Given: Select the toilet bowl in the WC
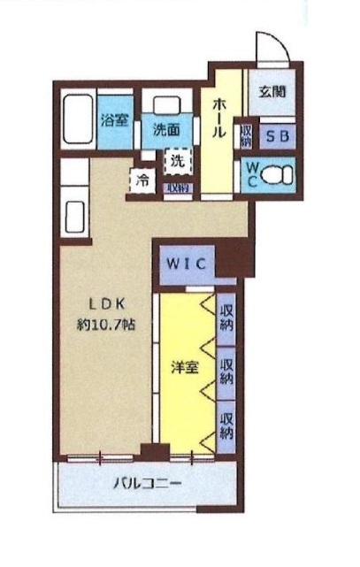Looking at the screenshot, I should (282, 174).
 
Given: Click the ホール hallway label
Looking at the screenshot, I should (218, 115).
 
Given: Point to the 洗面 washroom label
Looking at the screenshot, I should (165, 129).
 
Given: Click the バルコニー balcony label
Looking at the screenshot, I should (147, 485).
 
